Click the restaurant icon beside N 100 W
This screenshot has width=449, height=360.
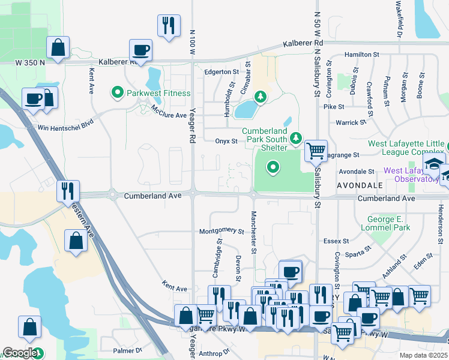[x=167, y=26]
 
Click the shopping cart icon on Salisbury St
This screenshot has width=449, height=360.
[x=316, y=151]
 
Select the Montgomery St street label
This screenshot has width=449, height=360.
[x=221, y=231]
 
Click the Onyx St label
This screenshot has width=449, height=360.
[x=226, y=141]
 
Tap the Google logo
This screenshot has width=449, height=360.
[x=20, y=353]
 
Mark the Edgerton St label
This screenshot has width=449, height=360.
[x=221, y=72]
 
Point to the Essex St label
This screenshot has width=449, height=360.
[x=336, y=241]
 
